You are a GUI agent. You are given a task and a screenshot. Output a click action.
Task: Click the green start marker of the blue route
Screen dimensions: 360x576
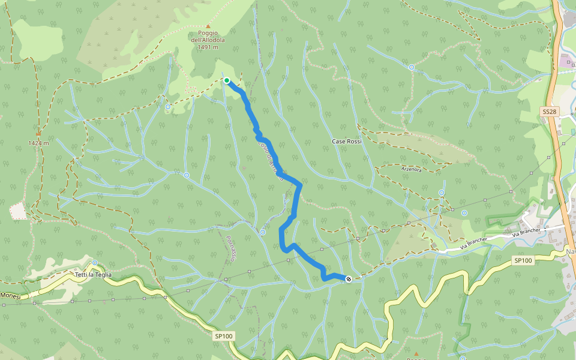coord(227,80)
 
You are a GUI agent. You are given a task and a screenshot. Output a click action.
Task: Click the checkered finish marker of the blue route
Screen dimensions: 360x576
coord(349,278)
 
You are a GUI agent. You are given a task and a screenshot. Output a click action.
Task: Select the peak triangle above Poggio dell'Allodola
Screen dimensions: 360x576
coord(208,26)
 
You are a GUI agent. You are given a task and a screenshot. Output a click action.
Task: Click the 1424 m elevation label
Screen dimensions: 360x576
coord(38,143)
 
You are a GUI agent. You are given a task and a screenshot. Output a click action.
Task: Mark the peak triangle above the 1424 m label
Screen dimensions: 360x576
coord(38,133)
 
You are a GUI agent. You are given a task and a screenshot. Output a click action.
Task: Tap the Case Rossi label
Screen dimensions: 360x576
coord(347,142)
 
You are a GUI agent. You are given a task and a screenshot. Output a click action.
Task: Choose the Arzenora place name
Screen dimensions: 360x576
coord(412,169)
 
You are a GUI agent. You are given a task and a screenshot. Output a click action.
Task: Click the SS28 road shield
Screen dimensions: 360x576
coord(550,112)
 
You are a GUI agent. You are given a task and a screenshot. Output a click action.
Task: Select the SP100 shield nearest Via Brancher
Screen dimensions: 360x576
coord(523,260)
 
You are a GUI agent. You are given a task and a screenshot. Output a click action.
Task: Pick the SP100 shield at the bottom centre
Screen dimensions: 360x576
coord(223,337)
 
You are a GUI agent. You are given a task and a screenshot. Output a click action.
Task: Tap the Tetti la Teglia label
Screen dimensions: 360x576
coord(93,275)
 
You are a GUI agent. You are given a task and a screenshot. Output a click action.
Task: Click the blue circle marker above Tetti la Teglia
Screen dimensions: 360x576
coord(95,263)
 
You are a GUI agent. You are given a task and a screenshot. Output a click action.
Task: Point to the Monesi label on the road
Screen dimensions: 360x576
coord(10,296)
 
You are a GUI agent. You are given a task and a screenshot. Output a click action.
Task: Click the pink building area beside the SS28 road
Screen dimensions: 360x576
coord(565,61)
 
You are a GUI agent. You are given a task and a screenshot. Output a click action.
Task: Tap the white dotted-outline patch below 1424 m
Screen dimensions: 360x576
coord(19,211)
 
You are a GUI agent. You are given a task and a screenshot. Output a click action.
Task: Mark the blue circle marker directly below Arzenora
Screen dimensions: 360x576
coord(442,193)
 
